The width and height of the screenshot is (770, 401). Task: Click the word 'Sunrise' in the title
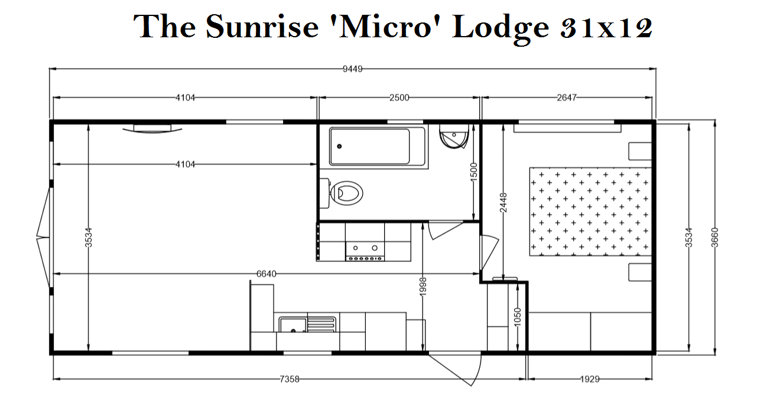262,27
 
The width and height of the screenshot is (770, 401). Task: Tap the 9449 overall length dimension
352,69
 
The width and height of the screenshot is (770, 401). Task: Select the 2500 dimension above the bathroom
399,98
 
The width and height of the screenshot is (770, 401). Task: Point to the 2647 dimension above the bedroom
567,98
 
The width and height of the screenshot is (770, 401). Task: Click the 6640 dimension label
267,274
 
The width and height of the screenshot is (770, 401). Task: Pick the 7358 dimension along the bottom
290,379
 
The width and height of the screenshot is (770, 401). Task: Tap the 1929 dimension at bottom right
590,379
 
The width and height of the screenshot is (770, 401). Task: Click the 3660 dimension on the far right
714,237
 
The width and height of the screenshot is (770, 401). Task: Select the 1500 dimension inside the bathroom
474,172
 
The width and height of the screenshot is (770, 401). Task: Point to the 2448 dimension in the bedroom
503,202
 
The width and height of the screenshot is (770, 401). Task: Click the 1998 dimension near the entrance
423,286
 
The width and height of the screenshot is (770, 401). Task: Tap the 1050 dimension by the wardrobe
518,317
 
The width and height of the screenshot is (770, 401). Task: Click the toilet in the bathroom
342,193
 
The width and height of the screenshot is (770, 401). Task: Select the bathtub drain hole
339,147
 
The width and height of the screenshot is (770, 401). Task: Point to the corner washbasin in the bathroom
454,137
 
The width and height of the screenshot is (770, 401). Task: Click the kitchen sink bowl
293,325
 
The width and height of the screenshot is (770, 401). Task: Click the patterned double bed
590,212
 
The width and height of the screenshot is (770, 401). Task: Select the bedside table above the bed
640,151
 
